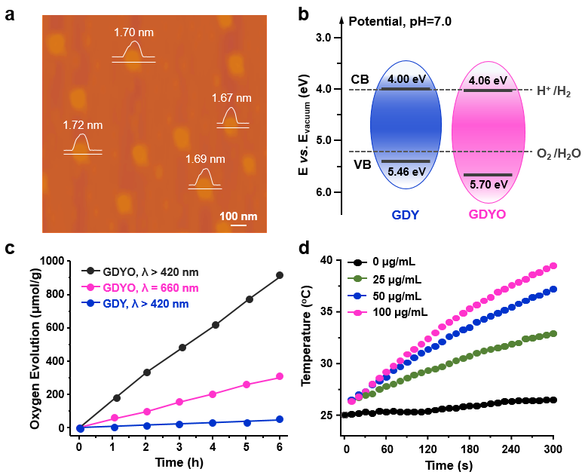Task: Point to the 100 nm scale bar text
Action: coord(238,216)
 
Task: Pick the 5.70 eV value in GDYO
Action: coord(489,182)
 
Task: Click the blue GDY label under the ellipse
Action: coord(406,214)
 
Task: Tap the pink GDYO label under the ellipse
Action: coord(486,214)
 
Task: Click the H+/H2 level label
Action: coord(553,92)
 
